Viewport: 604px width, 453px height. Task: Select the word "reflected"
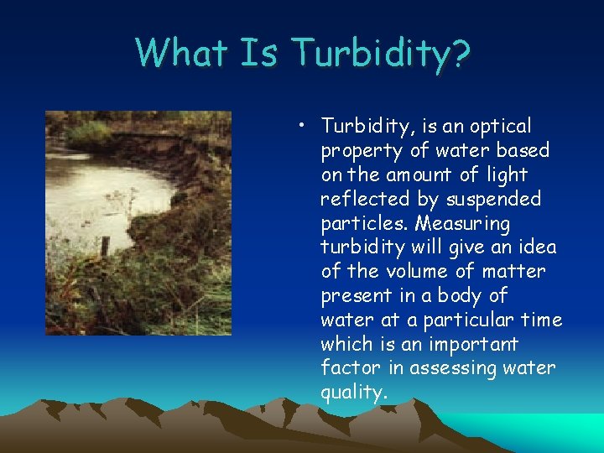[x=359, y=200]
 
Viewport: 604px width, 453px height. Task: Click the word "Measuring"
[x=462, y=224]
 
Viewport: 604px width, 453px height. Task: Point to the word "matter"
[x=513, y=272]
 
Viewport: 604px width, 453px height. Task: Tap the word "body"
[x=469, y=296]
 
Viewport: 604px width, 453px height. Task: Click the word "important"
[x=472, y=345]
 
